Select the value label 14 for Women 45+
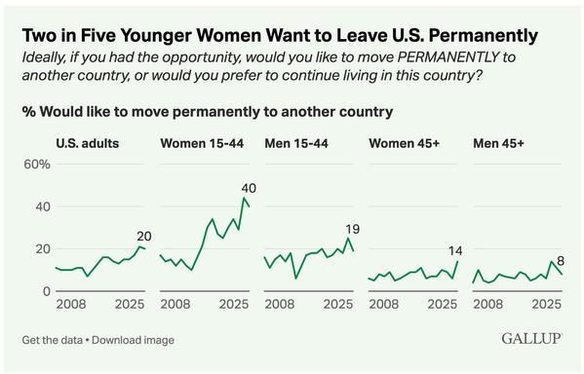pos(455,249)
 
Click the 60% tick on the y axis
pos(37,164)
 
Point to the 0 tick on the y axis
pos(44,291)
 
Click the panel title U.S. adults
pos(87,143)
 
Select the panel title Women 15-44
pos(203,143)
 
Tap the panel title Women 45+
pos(405,143)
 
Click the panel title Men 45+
pos(499,143)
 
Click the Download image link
pos(136,340)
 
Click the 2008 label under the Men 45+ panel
pos(487,307)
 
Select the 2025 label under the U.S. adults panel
pos(132,307)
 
